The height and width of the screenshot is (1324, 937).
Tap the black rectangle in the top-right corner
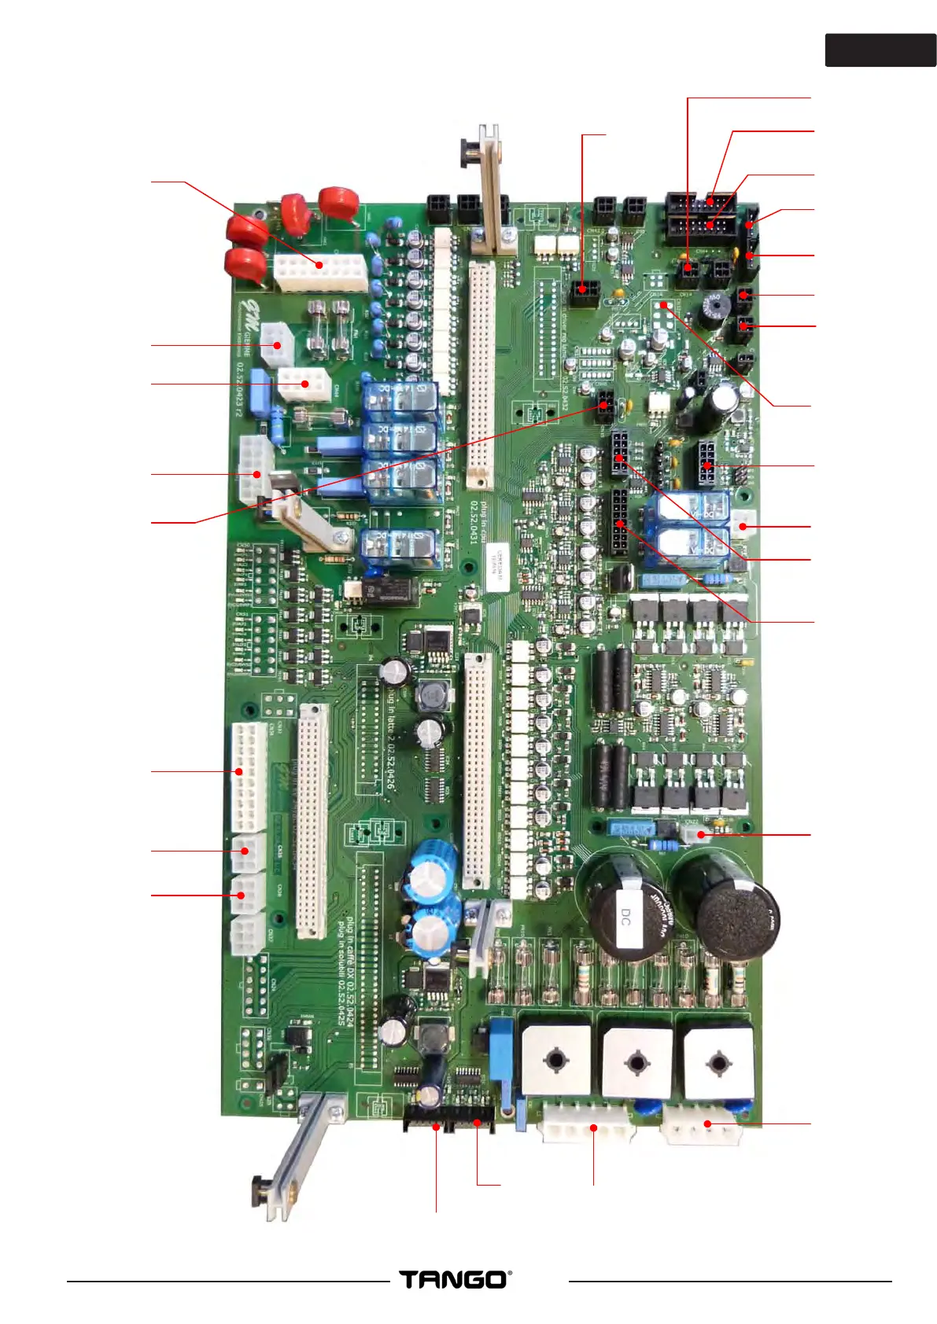[880, 50]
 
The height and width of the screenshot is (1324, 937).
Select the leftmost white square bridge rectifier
[556, 1061]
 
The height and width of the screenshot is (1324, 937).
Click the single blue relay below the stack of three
[401, 548]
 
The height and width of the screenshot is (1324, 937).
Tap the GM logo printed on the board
[250, 309]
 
